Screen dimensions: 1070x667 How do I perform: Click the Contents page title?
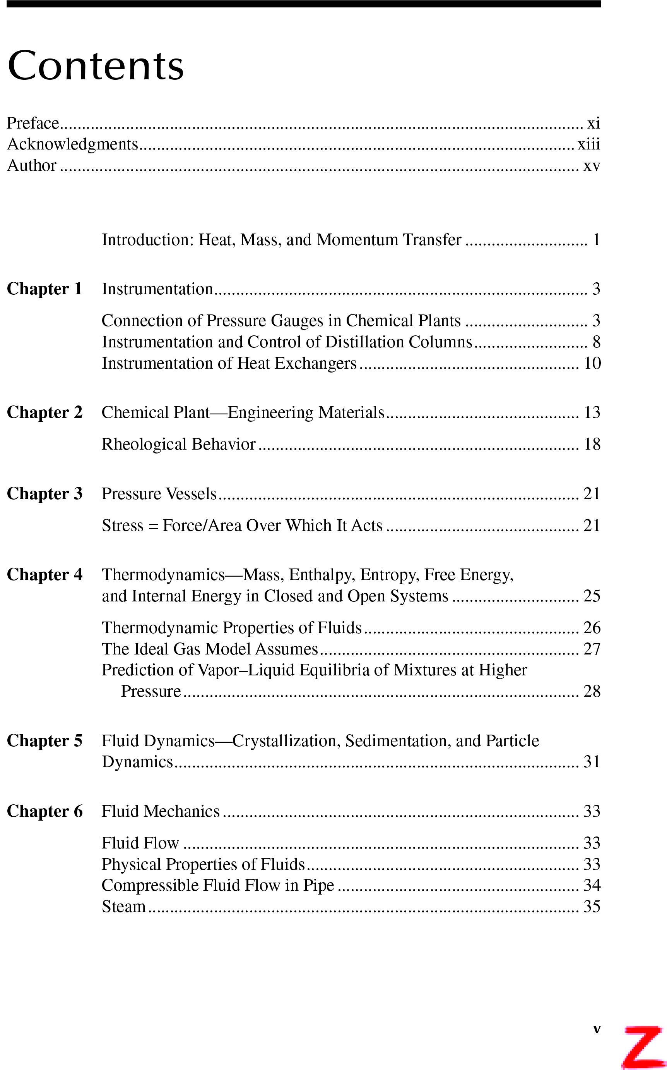[x=95, y=66]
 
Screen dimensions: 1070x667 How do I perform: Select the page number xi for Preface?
[x=593, y=123]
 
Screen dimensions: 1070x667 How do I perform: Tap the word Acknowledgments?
[x=72, y=144]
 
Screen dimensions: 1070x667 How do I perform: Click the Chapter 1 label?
[x=44, y=289]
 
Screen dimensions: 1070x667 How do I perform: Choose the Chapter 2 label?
[x=44, y=412]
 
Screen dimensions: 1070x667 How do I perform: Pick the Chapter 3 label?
[x=44, y=493]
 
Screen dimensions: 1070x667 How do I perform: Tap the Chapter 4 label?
[x=44, y=575]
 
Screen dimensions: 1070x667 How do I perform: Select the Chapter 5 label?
[x=44, y=741]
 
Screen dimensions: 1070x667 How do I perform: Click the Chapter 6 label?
[x=44, y=811]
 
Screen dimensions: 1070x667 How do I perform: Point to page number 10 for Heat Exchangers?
[x=592, y=363]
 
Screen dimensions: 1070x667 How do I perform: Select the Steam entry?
[x=123, y=907]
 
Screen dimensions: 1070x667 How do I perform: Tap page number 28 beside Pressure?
[x=592, y=691]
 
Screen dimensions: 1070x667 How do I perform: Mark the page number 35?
[x=592, y=907]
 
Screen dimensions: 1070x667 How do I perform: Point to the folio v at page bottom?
[x=597, y=1029]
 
